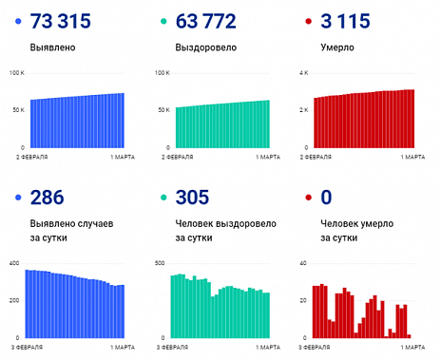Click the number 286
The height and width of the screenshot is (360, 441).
(x=47, y=198)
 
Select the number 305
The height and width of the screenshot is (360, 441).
(x=192, y=198)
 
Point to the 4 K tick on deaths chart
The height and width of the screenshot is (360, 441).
(x=303, y=73)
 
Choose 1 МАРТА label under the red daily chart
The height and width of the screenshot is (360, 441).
(x=411, y=346)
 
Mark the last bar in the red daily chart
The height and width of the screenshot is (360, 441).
(x=409, y=336)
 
